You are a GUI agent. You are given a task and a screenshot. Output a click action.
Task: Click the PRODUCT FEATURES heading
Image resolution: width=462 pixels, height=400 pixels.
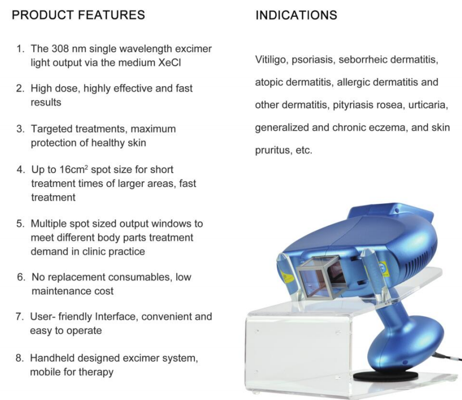(x=78, y=15)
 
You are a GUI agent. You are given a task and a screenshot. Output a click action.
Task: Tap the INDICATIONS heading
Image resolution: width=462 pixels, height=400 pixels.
(x=296, y=15)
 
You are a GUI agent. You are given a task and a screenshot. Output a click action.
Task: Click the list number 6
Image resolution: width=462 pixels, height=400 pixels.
(x=21, y=278)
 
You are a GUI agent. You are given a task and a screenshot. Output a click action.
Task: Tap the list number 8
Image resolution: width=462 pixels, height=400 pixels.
(x=20, y=358)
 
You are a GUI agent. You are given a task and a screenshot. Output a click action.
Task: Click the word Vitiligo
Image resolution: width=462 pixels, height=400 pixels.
(x=271, y=60)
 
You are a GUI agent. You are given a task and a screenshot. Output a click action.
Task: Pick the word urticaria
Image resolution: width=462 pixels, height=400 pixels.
(x=428, y=105)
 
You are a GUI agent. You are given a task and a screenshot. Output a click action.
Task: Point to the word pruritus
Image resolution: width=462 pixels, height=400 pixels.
(x=272, y=151)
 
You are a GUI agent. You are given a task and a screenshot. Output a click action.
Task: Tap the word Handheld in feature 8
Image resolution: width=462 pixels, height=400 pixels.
(x=52, y=358)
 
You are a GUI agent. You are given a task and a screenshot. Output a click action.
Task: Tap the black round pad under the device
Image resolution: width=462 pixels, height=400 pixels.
(x=383, y=372)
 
